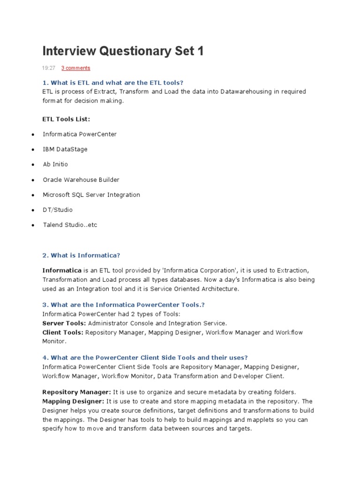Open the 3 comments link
pyautogui.click(x=75, y=68)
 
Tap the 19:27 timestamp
pyautogui.click(x=49, y=68)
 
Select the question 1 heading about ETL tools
pyautogui.click(x=112, y=82)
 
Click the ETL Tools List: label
pyautogui.click(x=66, y=119)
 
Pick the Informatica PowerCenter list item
pyautogui.click(x=80, y=134)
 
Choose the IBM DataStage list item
pyautogui.click(x=65, y=149)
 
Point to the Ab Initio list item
pyautogui.click(x=55, y=165)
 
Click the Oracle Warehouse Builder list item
pyautogui.click(x=81, y=180)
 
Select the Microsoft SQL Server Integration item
pyautogui.click(x=91, y=195)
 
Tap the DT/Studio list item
pyautogui.click(x=58, y=210)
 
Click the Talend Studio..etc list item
pyautogui.click(x=70, y=225)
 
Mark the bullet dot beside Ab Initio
pyautogui.click(x=33, y=165)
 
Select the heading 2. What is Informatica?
pyautogui.click(x=81, y=255)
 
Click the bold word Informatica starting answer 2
pyautogui.click(x=62, y=270)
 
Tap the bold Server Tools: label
pyautogui.click(x=64, y=323)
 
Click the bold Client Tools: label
pyautogui.click(x=63, y=332)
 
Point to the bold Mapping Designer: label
pyautogui.click(x=73, y=401)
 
